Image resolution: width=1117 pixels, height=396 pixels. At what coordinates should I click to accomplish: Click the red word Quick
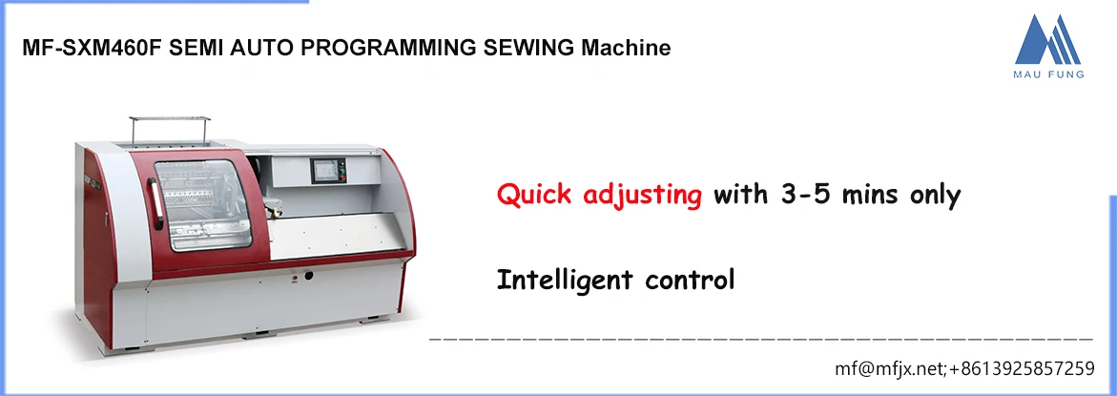pos(533,196)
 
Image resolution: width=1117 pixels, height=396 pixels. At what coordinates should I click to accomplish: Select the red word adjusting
pos(640,196)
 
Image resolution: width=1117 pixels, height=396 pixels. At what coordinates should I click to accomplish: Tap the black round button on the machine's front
pos(307,277)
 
